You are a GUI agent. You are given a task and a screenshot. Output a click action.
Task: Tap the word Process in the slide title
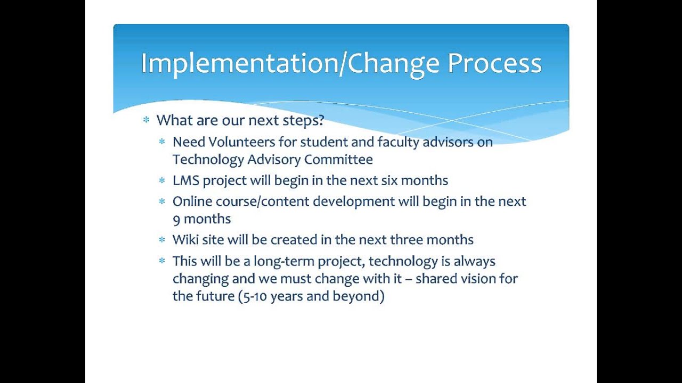click(494, 64)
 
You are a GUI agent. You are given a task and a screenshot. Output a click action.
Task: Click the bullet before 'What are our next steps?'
click(146, 121)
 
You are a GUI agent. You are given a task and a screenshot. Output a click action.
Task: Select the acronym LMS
click(186, 180)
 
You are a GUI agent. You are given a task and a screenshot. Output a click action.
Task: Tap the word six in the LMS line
click(389, 180)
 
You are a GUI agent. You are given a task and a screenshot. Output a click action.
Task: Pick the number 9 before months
click(176, 220)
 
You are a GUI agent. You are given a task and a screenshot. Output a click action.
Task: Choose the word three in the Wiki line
click(409, 240)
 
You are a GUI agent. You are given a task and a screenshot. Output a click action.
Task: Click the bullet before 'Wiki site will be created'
click(162, 240)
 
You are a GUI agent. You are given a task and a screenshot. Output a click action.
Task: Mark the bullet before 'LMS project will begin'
click(162, 181)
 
